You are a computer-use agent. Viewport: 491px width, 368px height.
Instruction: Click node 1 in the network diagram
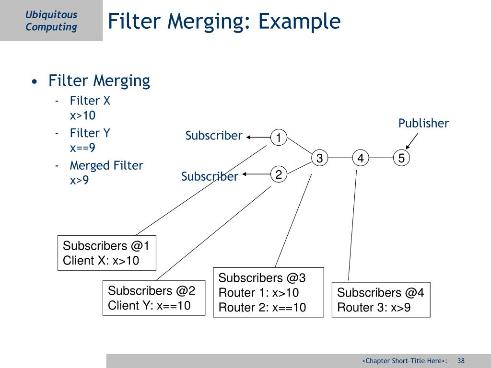278,138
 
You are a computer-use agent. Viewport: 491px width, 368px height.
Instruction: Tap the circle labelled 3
319,158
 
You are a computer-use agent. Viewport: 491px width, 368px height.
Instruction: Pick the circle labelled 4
360,158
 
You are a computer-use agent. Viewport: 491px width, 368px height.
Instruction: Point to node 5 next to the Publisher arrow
401,158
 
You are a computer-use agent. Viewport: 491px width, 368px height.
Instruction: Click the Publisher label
423,123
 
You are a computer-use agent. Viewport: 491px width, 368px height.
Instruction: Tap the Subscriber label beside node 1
214,136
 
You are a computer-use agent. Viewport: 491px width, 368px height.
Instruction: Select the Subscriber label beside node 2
210,176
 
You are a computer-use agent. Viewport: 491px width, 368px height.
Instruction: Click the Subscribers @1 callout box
107,253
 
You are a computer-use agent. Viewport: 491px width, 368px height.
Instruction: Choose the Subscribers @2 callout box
152,298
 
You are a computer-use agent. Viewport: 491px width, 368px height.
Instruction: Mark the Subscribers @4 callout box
381,299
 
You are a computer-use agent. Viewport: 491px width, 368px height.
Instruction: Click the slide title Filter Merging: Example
224,22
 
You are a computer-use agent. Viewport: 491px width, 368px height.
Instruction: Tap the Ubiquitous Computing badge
51,21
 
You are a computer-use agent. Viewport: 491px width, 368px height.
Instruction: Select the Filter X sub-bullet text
90,101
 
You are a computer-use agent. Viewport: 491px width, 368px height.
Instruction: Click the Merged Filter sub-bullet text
106,165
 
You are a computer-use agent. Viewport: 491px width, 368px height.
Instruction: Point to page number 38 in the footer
461,361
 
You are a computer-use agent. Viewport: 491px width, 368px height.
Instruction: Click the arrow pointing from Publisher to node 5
412,141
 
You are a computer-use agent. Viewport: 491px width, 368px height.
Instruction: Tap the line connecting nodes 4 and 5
381,158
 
